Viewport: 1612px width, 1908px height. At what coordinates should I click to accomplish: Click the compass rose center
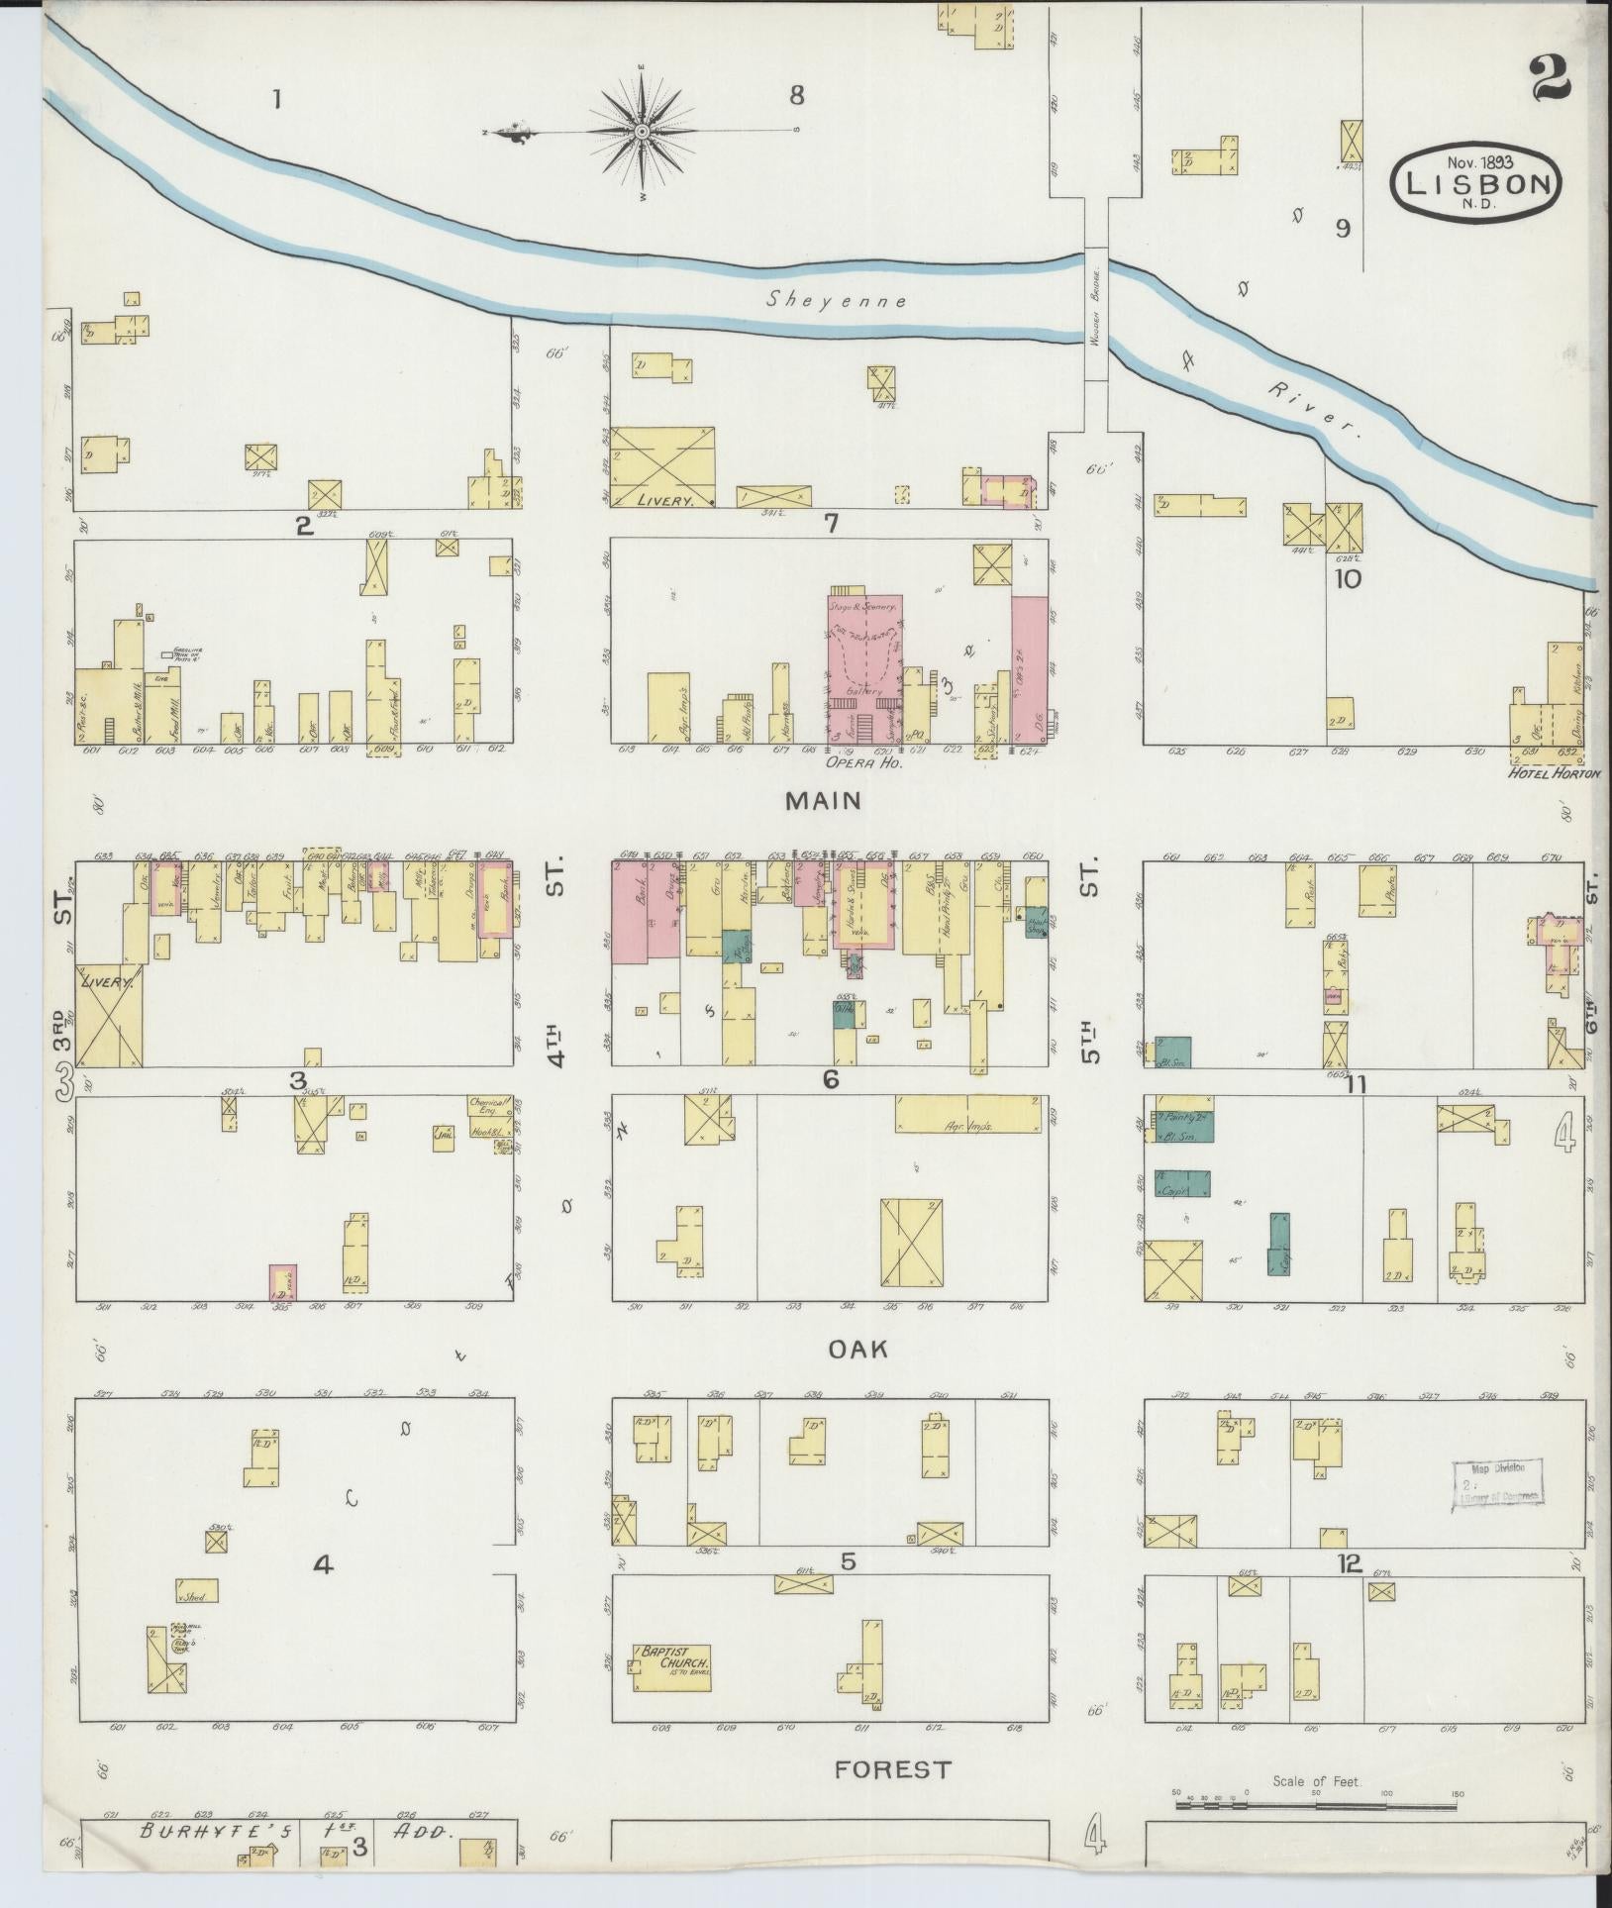pyautogui.click(x=641, y=131)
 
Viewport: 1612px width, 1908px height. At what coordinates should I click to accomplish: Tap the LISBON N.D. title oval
pyautogui.click(x=1474, y=182)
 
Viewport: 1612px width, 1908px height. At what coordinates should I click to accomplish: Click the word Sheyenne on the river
pyautogui.click(x=838, y=300)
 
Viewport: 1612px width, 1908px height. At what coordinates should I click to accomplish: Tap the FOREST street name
pyautogui.click(x=892, y=1768)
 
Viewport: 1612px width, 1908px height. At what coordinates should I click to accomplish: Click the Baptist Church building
pyautogui.click(x=673, y=1662)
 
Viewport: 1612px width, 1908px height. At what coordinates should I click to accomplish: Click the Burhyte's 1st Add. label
pyautogui.click(x=297, y=1832)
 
